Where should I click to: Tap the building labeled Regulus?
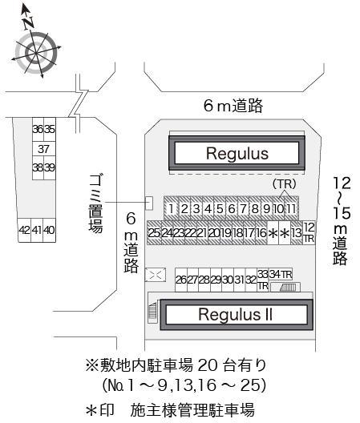point(235,152)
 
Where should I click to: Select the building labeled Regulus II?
point(236,314)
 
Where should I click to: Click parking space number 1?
point(172,209)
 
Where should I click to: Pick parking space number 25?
point(154,233)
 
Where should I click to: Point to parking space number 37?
point(43,149)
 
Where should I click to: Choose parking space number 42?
point(24,231)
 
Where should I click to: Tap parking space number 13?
point(296,233)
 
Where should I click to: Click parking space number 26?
point(180,280)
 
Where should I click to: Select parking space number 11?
point(291,209)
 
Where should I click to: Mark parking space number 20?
point(213,233)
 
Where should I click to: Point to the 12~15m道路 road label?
point(342,220)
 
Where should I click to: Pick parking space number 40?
point(49,231)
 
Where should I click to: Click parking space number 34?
point(274,275)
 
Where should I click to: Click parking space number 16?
point(261,233)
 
